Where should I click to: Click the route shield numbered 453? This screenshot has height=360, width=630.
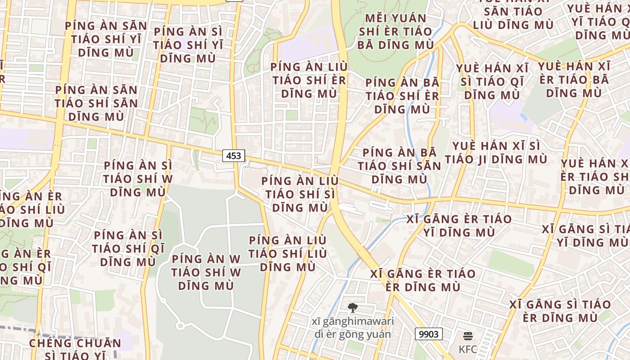[x=234, y=156]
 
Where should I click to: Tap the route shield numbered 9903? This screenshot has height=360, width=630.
[x=428, y=334]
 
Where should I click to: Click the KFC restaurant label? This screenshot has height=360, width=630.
[x=468, y=349]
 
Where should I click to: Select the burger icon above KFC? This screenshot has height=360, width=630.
[x=468, y=336]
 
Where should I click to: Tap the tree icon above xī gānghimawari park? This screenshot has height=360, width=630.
[x=353, y=308]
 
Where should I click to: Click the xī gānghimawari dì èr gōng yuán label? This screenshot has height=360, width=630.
[x=353, y=328]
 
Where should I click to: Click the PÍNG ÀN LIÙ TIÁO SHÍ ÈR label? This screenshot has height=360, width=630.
[x=309, y=80]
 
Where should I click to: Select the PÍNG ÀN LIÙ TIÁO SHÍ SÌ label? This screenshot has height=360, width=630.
[x=300, y=194]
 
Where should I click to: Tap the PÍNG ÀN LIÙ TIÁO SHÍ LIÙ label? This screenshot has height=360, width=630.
[x=288, y=254]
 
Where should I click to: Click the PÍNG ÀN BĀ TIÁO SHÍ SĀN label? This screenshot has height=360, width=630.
[x=400, y=166]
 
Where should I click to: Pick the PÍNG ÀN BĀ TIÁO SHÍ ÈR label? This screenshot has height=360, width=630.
[x=402, y=96]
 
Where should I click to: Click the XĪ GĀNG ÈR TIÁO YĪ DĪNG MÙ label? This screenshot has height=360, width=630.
[x=459, y=226]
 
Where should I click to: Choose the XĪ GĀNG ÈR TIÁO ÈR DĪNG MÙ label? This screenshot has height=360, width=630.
[x=423, y=280]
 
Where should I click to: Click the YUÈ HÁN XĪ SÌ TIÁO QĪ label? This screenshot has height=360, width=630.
[x=492, y=82]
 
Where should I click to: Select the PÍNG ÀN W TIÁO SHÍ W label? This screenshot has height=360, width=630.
[x=206, y=272]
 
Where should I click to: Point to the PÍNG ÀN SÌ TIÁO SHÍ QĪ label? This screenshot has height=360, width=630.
[x=128, y=248]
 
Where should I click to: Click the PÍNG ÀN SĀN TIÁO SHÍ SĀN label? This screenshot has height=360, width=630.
[x=96, y=103]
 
